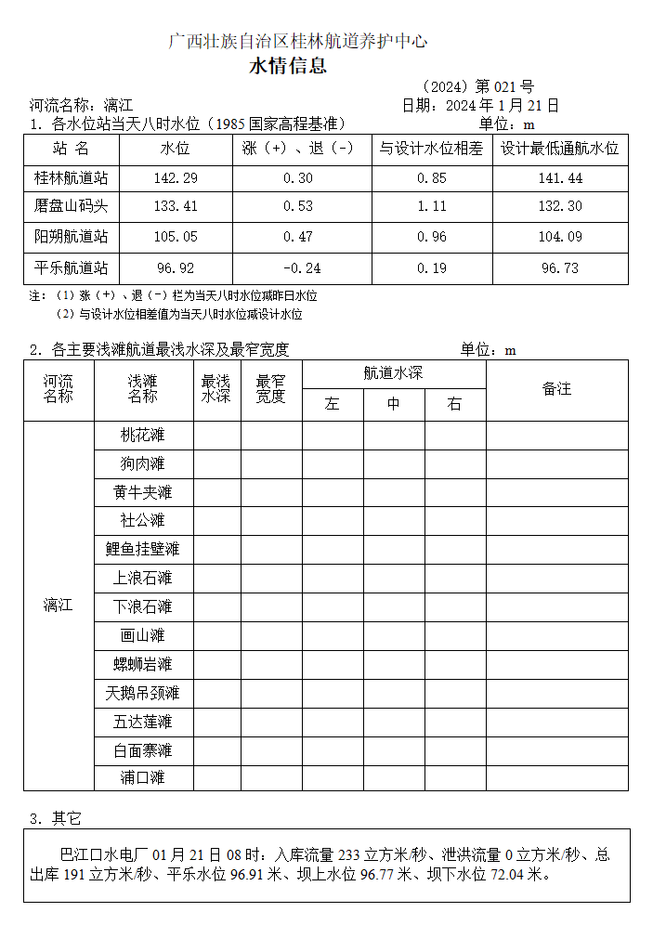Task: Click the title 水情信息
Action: [288, 67]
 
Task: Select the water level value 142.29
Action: [176, 178]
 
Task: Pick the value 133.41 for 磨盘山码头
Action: [176, 206]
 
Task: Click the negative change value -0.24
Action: [298, 268]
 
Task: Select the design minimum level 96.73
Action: [560, 268]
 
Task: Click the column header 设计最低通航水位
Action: [560, 149]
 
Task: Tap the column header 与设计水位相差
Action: [432, 149]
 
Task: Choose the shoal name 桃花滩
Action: [143, 435]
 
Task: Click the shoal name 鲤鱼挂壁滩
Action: [143, 549]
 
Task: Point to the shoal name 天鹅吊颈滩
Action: [143, 693]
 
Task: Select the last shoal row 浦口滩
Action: [143, 777]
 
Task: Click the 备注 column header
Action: [556, 389]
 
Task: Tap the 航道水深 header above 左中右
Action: [393, 373]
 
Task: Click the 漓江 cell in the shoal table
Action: [58, 606]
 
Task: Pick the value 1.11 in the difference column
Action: [432, 206]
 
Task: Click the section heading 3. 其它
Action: [56, 818]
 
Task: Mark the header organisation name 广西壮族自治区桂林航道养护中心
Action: [297, 41]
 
